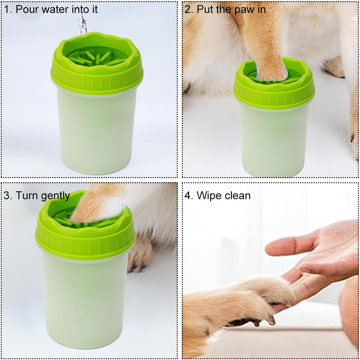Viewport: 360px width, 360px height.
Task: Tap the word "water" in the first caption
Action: (x=54, y=9)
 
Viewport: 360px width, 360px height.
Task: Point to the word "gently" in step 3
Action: (x=55, y=196)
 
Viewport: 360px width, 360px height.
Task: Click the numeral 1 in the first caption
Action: (x=7, y=9)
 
